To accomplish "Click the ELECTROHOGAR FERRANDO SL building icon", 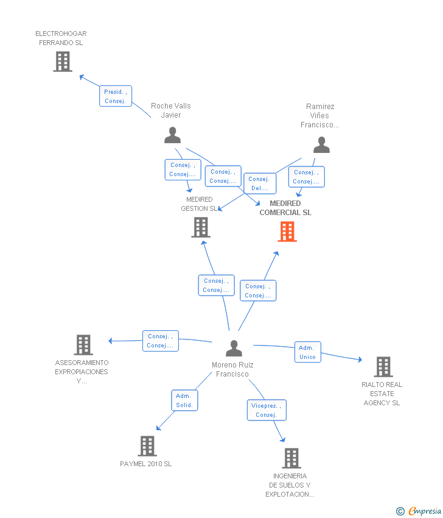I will tap(63, 62).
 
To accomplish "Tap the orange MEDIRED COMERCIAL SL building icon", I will tap(287, 232).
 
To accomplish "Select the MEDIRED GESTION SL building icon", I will tap(201, 227).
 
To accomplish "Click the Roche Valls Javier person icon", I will tap(173, 135).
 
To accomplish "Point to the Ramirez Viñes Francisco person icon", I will tap(321, 145).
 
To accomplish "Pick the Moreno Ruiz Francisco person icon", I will tap(234, 348).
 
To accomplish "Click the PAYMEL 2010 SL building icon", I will tap(147, 446).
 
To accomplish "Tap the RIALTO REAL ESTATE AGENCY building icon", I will tap(383, 367).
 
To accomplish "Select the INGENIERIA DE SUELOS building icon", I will tap(291, 458).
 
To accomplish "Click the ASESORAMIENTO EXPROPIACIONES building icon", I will tap(83, 345).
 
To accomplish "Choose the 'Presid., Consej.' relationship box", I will tap(115, 96).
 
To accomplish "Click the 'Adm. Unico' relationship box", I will tap(307, 352).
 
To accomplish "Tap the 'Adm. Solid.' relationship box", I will tap(184, 400).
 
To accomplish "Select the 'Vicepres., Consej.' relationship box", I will tap(266, 410).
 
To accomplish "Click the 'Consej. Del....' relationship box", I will tap(259, 183).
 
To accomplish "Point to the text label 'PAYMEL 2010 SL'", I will tap(146, 464).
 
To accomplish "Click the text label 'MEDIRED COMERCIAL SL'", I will tap(285, 208).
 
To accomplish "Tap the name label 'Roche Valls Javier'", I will tap(171, 110).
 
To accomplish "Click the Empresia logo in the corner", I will tap(420, 511).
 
